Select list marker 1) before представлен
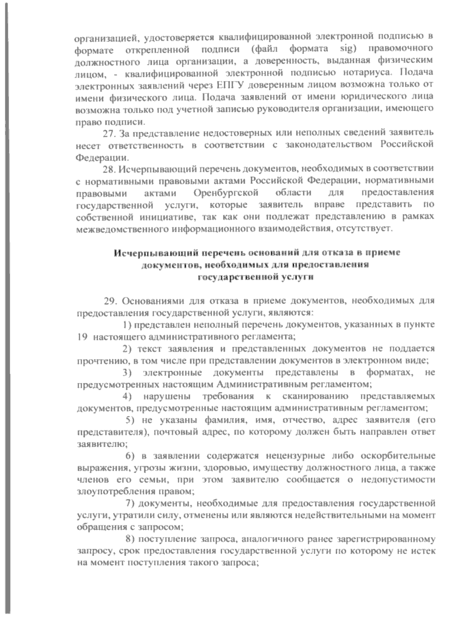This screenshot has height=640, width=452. (128, 325)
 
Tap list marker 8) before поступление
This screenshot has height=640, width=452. (130, 539)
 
